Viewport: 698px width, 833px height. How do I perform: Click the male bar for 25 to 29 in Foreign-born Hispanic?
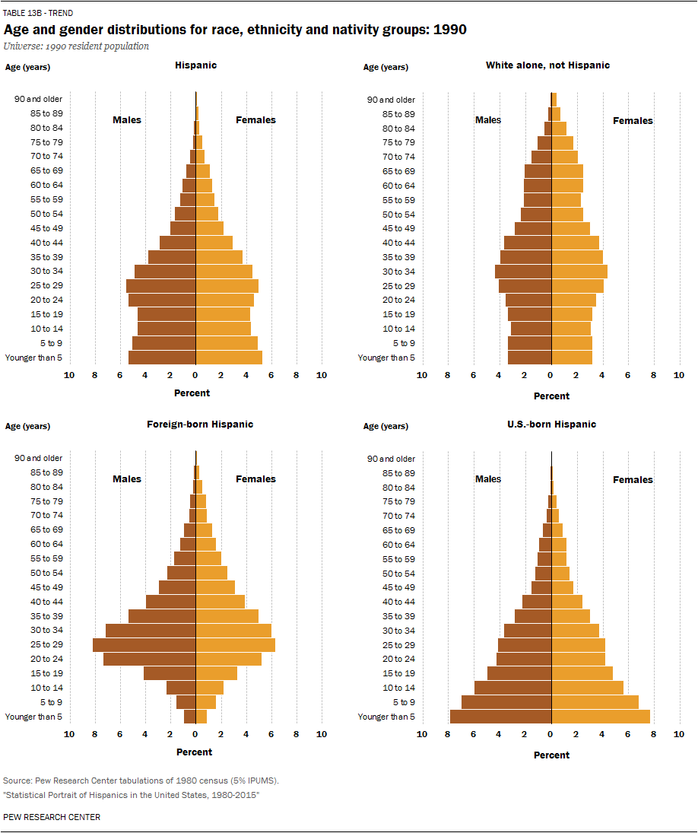pyautogui.click(x=144, y=645)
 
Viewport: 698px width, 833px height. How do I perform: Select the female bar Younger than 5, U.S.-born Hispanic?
pyautogui.click(x=601, y=717)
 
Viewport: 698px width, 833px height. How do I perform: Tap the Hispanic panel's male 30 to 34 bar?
pyautogui.click(x=165, y=272)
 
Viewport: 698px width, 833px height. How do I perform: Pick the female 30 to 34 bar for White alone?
pyautogui.click(x=579, y=272)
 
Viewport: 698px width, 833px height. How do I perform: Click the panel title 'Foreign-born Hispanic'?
pyautogui.click(x=200, y=424)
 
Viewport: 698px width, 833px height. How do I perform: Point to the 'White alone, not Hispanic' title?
pyautogui.click(x=547, y=65)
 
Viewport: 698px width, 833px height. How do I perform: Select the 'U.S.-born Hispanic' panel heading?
pyautogui.click(x=551, y=424)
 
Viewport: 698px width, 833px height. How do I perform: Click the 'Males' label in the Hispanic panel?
pyautogui.click(x=127, y=120)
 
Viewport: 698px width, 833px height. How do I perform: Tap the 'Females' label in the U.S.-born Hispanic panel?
pyautogui.click(x=633, y=480)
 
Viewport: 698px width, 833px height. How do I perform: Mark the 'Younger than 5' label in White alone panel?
pyautogui.click(x=386, y=358)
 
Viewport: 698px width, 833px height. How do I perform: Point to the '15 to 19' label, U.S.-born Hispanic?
pyautogui.click(x=399, y=673)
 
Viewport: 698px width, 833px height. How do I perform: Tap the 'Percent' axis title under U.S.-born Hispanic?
pyautogui.click(x=551, y=755)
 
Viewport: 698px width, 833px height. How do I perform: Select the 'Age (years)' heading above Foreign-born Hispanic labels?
pyautogui.click(x=28, y=426)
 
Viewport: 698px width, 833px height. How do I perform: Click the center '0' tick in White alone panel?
pyautogui.click(x=550, y=375)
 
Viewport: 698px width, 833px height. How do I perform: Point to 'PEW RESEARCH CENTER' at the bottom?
pyautogui.click(x=52, y=817)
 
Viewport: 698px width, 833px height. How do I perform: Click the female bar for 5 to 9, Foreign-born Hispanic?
pyautogui.click(x=206, y=702)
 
